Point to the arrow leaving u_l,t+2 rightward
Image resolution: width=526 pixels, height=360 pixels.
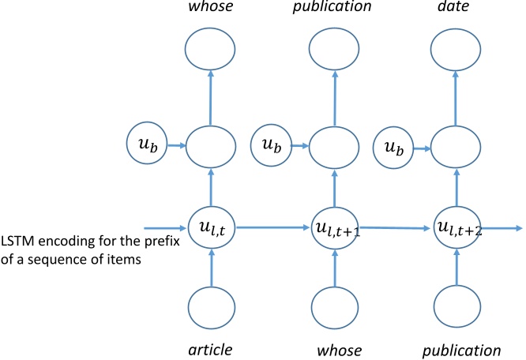tap(502, 228)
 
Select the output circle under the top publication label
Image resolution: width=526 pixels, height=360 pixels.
tap(333, 51)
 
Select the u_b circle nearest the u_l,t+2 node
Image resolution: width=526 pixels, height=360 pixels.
tap(400, 145)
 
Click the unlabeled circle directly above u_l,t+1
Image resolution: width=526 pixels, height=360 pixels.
tap(333, 145)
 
